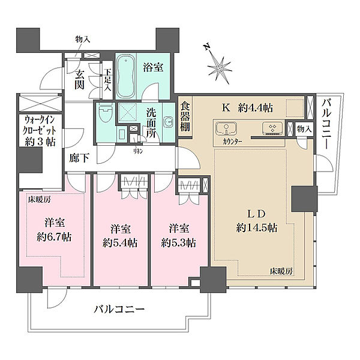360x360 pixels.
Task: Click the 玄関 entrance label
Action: pos(79,80)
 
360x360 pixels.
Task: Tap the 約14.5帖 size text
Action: pos(256,227)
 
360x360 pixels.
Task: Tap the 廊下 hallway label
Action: pos(78,160)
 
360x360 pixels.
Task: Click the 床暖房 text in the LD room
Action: pos(280,272)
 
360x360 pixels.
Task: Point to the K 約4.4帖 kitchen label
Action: pos(248,108)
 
